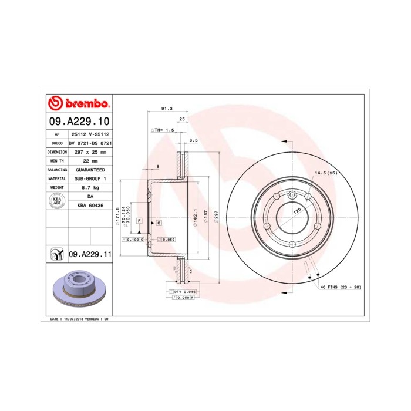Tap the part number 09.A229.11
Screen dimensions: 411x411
click(90, 254)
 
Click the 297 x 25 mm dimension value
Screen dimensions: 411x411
click(90, 151)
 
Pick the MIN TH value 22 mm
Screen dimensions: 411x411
click(90, 160)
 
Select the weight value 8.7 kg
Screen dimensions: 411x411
click(90, 187)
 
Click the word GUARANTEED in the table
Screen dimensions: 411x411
click(90, 169)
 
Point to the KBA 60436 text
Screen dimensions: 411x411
click(90, 206)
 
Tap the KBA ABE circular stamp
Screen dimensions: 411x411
click(57, 201)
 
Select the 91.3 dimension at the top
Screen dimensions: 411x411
click(167, 108)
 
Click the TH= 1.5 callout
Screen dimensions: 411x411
click(164, 129)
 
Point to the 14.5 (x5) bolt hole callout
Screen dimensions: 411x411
click(326, 173)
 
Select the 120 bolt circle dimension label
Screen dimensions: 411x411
click(297, 210)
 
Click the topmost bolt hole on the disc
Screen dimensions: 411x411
click(291, 196)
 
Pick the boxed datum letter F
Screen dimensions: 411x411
click(139, 220)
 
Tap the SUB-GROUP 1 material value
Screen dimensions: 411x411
click(90, 178)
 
